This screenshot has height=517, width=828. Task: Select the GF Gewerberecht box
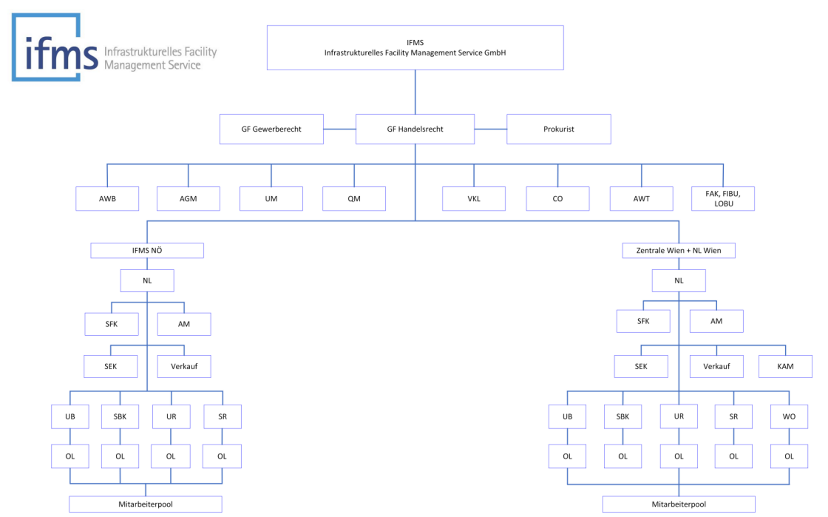tap(271, 129)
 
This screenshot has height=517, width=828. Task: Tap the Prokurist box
tap(558, 129)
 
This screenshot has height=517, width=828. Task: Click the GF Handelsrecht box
tap(415, 129)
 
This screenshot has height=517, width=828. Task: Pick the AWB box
tap(107, 199)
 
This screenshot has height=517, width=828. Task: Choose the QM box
tap(354, 199)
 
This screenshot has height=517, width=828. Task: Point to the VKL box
tap(474, 199)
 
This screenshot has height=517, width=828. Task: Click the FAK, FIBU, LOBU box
tap(723, 199)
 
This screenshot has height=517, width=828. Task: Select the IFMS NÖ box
tap(147, 250)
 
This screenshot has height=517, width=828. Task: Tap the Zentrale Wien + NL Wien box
tap(678, 250)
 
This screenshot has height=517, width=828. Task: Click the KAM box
tap(785, 366)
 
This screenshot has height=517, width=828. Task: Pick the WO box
tap(789, 416)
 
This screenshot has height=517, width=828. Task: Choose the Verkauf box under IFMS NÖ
tap(184, 366)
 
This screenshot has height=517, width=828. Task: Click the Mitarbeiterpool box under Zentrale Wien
tap(679, 504)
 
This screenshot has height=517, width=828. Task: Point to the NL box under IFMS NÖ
tap(147, 281)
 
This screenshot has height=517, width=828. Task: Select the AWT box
tap(641, 199)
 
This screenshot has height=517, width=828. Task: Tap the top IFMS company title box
tap(415, 47)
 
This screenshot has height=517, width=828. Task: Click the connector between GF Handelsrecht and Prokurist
tap(490, 129)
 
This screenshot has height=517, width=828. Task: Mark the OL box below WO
tap(789, 456)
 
